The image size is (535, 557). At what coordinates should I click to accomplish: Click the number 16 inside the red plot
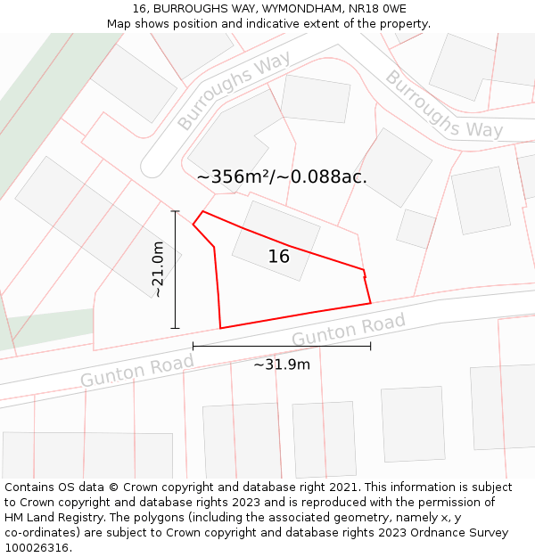click(279, 257)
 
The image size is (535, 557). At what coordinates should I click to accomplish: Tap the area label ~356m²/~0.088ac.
click(282, 176)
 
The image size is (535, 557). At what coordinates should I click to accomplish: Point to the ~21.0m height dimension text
click(158, 269)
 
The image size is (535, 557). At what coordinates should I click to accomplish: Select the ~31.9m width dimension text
click(282, 365)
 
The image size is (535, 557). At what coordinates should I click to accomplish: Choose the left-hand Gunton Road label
click(137, 371)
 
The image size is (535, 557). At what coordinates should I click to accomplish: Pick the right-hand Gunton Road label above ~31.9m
click(349, 330)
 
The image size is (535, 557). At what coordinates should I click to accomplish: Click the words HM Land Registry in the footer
click(52, 518)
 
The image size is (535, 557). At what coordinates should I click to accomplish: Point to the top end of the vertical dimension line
click(175, 211)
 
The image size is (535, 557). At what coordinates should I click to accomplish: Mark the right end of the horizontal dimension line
click(371, 346)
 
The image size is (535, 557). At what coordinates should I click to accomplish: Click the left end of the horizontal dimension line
click(193, 346)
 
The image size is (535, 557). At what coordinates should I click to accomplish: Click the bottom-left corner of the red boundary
click(220, 328)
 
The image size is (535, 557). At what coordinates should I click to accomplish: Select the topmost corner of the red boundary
click(203, 211)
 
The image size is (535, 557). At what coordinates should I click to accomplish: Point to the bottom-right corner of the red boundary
click(371, 303)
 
